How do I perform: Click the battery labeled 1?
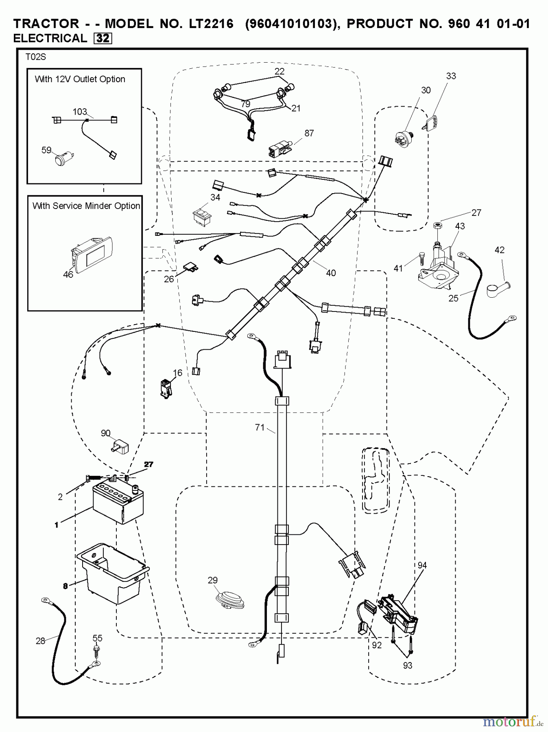click(x=118, y=502)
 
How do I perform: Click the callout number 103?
click(x=80, y=111)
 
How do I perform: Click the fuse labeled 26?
click(x=190, y=267)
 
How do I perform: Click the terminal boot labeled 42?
click(x=498, y=289)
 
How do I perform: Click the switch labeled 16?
click(x=166, y=388)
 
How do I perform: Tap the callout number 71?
click(x=260, y=427)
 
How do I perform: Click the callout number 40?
click(x=331, y=273)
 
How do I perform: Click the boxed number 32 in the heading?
click(x=103, y=38)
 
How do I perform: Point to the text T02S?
click(x=36, y=57)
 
